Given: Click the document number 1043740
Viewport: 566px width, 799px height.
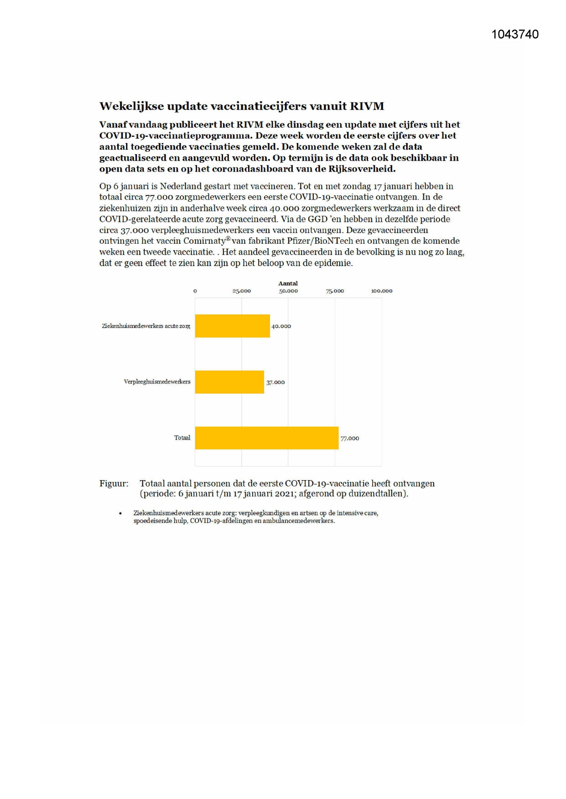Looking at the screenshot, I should (515, 35).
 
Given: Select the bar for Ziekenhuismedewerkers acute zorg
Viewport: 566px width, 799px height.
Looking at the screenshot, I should (232, 326).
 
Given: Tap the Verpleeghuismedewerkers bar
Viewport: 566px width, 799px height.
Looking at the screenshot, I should (229, 382).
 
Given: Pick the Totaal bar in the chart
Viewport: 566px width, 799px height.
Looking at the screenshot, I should (266, 438).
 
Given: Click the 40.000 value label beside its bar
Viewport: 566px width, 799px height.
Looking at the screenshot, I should (281, 326).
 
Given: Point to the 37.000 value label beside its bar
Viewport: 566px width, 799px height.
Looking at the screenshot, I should (275, 382).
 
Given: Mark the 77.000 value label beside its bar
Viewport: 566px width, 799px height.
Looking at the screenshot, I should (350, 438).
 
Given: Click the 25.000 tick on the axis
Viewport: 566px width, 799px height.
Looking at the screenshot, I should (241, 291).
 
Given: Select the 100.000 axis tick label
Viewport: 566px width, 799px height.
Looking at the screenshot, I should (381, 291).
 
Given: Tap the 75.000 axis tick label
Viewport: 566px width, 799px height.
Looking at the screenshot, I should (335, 291).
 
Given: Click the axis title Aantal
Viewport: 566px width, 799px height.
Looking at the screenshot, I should (288, 283).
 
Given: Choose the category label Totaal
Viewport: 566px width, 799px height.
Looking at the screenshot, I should (182, 438).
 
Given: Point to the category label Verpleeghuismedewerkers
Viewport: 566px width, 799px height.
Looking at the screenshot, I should (157, 382).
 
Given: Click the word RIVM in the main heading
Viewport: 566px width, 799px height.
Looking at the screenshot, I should (367, 106).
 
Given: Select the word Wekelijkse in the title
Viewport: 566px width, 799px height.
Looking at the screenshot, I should (131, 106).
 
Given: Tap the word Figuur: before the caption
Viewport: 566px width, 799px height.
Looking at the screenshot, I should (114, 483).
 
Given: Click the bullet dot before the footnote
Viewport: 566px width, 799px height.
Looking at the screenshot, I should (120, 513).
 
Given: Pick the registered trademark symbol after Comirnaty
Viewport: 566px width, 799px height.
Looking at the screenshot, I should (228, 238).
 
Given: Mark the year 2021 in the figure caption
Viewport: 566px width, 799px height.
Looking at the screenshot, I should (285, 493).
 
